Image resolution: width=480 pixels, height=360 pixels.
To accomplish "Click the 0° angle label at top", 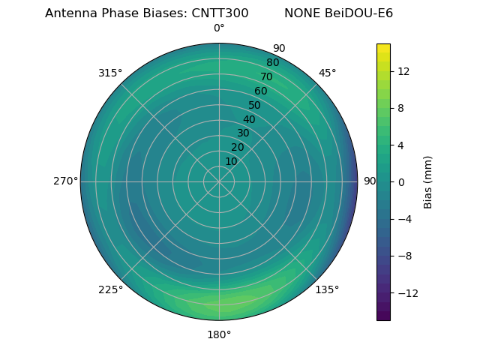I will [219, 28].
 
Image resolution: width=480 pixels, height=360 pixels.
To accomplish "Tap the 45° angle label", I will [327, 73].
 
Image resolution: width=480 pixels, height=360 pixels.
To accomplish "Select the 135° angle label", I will [327, 289].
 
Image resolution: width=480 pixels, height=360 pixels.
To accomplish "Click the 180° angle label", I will [219, 334].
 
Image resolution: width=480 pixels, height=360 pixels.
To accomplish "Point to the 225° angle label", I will [110, 289].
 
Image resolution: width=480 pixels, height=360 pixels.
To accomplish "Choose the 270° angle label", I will [65, 181].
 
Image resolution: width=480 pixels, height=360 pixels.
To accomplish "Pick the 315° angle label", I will [110, 73].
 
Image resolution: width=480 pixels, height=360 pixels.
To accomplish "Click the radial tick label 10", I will [231, 161].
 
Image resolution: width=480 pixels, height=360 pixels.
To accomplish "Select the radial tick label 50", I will [255, 105].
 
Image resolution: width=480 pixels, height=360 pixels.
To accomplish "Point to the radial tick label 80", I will [273, 63].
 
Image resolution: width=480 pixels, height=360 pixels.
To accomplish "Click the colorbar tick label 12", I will [403, 71].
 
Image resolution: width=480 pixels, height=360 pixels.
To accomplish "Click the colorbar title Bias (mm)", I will [428, 181].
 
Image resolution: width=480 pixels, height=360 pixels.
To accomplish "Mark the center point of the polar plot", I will [219, 181].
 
